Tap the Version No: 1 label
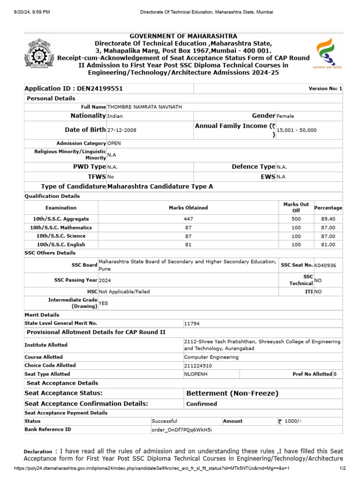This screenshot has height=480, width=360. coord(325,89)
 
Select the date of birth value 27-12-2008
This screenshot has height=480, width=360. coord(122,130)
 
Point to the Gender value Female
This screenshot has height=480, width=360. coord(285,116)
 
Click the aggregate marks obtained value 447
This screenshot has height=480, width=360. coord(188,219)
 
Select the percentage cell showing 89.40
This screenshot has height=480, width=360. coord(328,219)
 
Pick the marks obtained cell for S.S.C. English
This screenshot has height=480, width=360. coord(188,244)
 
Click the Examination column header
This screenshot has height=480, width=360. coord(61,208)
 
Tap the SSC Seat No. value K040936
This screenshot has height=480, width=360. coord(325,265)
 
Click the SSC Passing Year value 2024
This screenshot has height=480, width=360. coord(105,280)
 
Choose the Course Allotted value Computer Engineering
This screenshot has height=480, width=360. coord(211,357)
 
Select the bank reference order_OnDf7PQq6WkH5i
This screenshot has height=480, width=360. coord(181,429)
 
